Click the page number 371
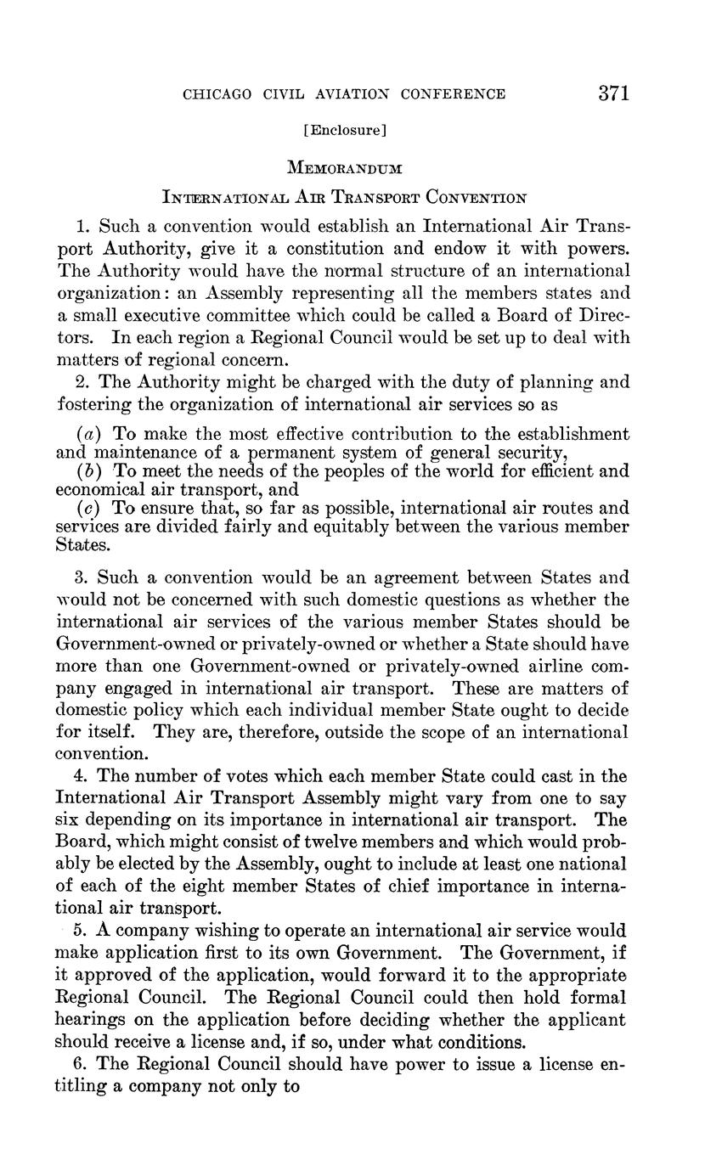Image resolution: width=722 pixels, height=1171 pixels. click(612, 93)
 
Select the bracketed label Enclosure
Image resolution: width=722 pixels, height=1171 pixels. click(345, 130)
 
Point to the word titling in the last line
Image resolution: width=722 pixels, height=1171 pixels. click(81, 1085)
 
